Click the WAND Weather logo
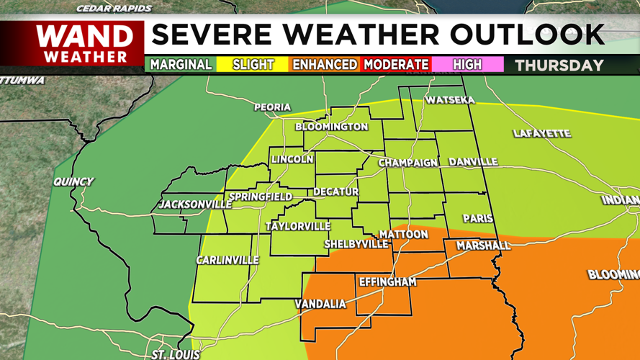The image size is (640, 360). point(85,44)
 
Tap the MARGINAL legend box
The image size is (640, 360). point(181,65)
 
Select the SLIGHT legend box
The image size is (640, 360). point(253,65)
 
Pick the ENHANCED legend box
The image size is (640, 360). point(324,65)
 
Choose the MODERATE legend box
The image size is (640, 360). point(396,65)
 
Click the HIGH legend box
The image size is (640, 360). point(467,65)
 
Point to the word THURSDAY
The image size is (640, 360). point(559,66)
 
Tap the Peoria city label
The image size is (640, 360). point(272,107)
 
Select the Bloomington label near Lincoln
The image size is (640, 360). point(331,127)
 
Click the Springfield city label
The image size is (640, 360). point(260,197)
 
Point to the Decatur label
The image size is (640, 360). point(335,192)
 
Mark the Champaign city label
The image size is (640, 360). point(407,163)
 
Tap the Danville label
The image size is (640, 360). point(473,162)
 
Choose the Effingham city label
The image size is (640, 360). point(387,282)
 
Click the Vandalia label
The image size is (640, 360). point(320,304)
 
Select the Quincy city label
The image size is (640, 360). point(73,181)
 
